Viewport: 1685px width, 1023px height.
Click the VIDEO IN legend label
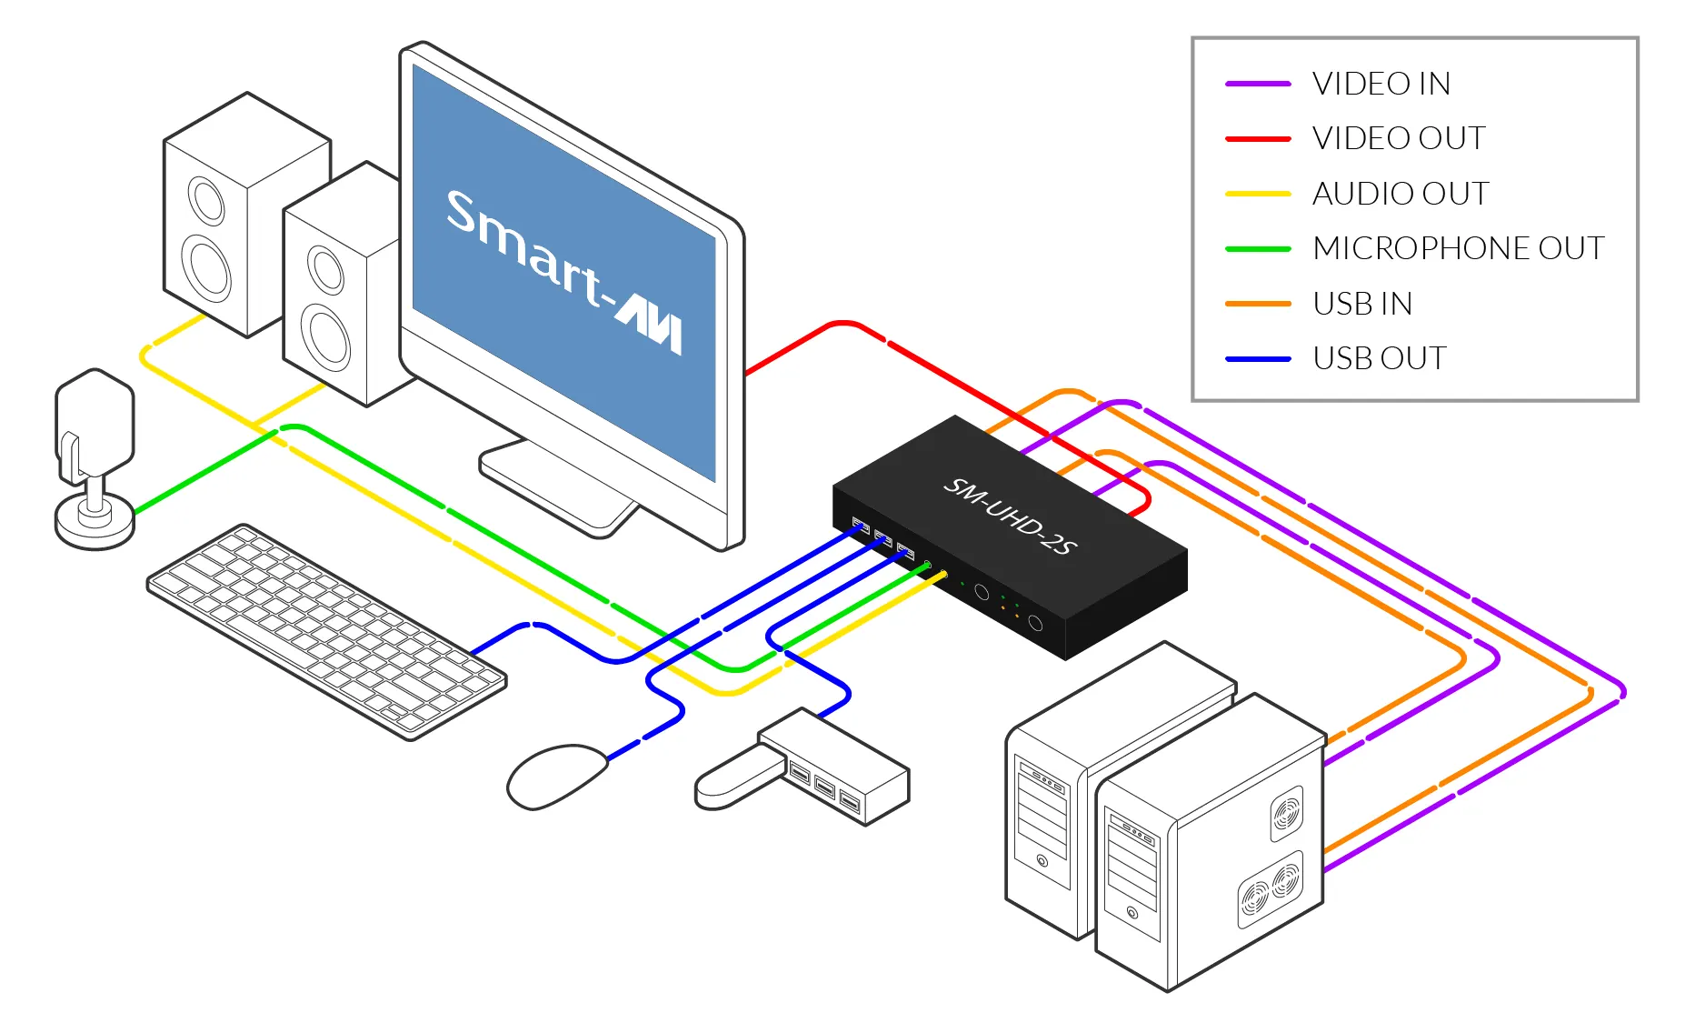click(1381, 84)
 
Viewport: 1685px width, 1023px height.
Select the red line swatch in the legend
click(1258, 139)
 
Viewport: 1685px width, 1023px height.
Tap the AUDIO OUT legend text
click(1401, 194)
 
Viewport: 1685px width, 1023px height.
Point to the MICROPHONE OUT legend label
click(1458, 248)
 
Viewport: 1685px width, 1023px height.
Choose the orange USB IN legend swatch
click(1258, 304)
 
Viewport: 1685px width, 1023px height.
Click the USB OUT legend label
click(1379, 358)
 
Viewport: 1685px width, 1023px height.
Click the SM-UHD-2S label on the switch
click(1010, 516)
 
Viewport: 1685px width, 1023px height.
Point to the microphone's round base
click(95, 523)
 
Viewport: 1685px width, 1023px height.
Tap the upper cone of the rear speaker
click(206, 201)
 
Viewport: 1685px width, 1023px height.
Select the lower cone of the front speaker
click(324, 337)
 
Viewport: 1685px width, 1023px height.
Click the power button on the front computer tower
click(1132, 912)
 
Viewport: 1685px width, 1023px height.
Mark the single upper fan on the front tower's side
click(1286, 812)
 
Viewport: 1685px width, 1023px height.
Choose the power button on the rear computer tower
click(1042, 860)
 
